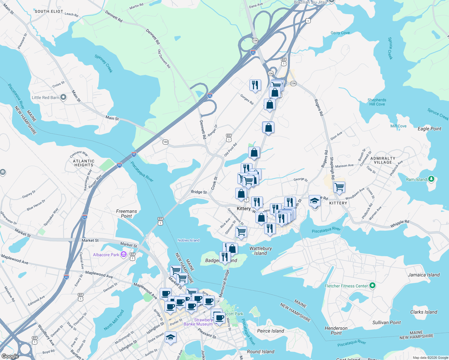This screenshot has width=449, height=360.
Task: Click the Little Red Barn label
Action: [46, 97]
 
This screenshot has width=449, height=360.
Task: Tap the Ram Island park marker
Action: [431, 179]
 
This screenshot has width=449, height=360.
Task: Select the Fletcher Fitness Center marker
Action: [372, 286]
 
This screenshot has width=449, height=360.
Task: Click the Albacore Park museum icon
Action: [123, 255]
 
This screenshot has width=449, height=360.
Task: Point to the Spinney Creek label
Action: [104, 63]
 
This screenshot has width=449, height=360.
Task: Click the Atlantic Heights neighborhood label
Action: [84, 163]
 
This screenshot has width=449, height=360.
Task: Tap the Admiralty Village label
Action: [383, 160]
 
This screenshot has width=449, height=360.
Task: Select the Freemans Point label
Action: [126, 214]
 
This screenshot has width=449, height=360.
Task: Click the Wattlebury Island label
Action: [261, 251]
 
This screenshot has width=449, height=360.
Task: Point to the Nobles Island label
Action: [188, 240]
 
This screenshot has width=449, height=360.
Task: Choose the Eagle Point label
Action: [429, 129]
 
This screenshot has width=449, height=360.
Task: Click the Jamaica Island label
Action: [423, 275]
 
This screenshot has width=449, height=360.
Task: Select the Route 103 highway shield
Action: [165, 142]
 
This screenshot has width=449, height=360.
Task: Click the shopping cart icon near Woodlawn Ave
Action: [339, 187]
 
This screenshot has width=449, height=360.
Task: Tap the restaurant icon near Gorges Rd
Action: [255, 85]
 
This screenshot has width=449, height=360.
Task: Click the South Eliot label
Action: [49, 11]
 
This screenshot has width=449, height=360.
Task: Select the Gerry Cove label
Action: [340, 33]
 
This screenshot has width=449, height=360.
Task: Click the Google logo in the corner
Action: [10, 356]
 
